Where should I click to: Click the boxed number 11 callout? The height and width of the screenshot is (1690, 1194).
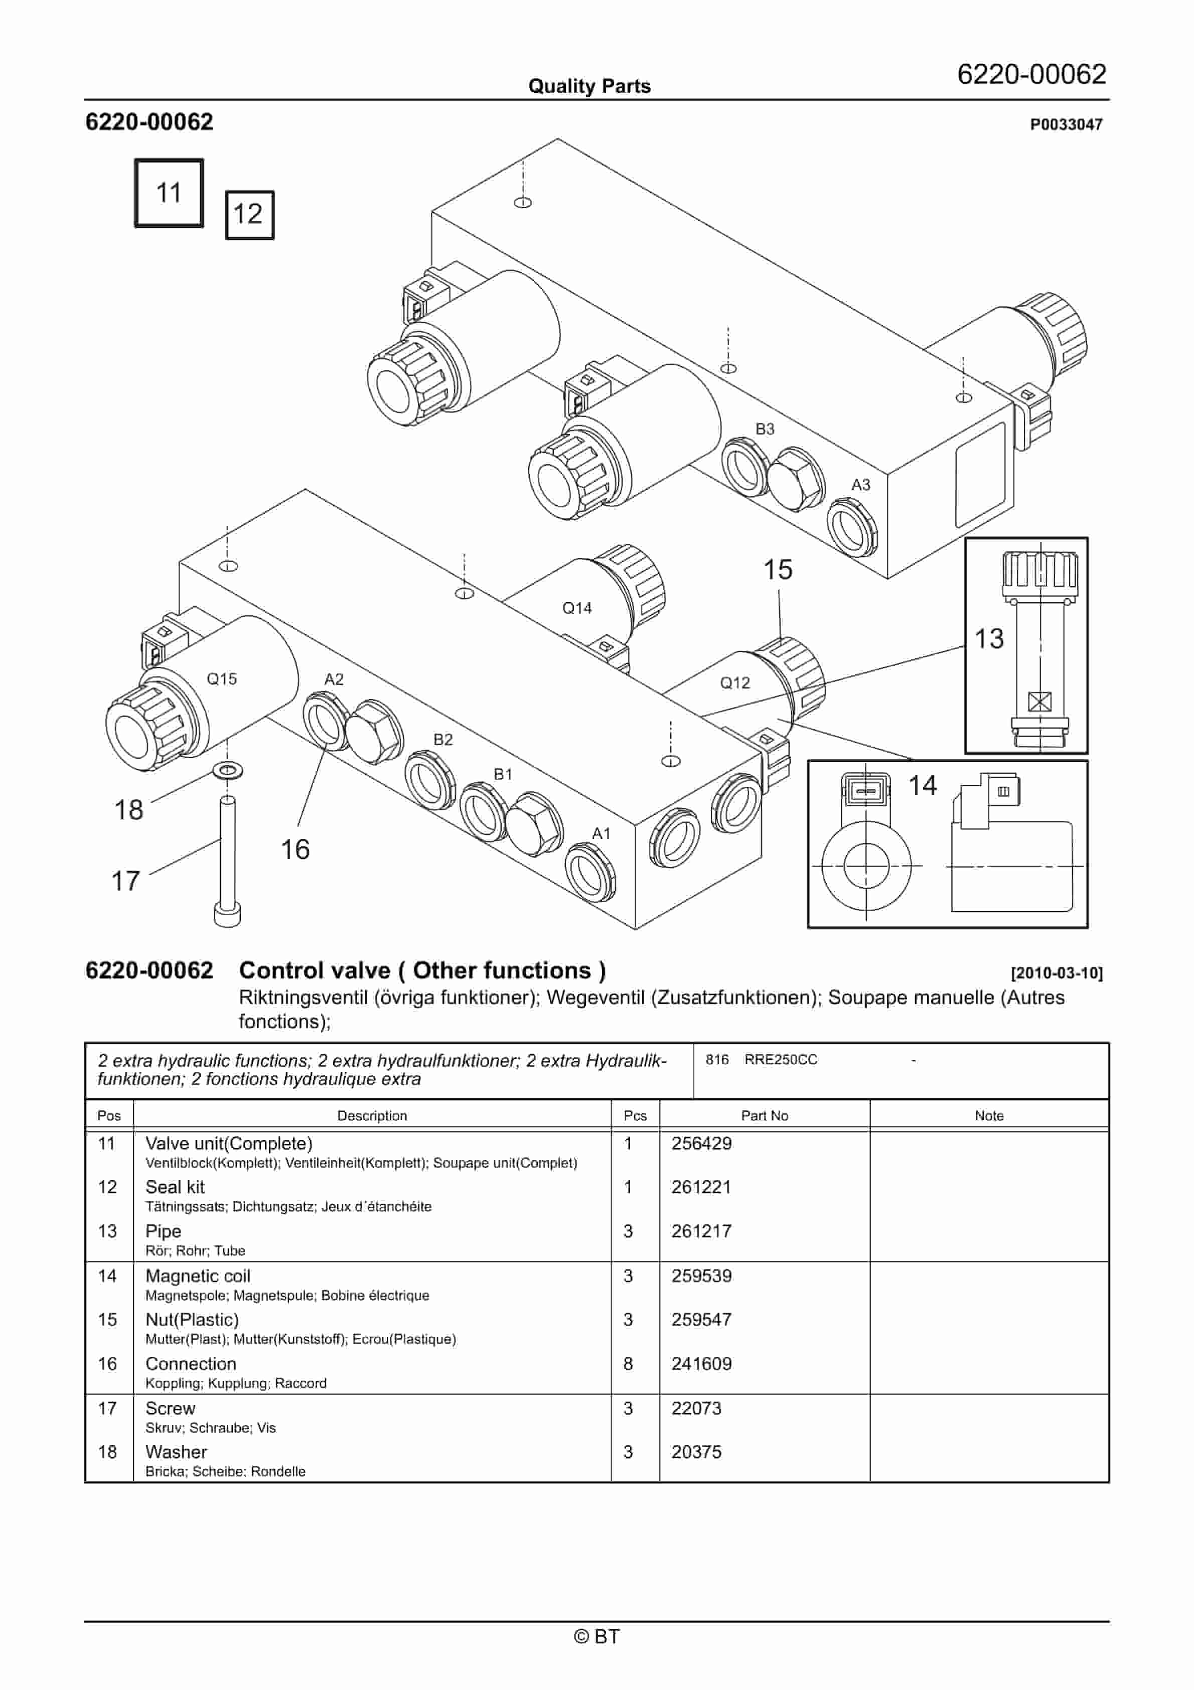click(169, 193)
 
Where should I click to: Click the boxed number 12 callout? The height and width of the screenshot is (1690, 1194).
click(249, 214)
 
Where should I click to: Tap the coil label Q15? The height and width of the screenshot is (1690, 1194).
click(222, 678)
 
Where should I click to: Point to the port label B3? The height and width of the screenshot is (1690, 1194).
click(765, 429)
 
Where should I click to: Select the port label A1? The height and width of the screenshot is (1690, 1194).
click(602, 833)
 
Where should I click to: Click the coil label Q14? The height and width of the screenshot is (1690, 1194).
click(576, 608)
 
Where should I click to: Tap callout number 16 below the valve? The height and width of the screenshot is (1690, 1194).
click(295, 850)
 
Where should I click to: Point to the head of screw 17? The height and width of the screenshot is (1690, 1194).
click(227, 915)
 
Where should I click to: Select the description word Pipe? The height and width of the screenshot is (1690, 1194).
click(163, 1231)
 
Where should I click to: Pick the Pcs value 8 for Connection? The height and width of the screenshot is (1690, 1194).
click(628, 1364)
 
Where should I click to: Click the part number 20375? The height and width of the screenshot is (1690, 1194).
click(696, 1452)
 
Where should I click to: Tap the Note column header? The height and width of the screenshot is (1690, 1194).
click(989, 1115)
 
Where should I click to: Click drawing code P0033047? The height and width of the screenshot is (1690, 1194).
click(1066, 124)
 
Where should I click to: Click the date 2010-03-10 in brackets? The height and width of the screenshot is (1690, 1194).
click(1057, 973)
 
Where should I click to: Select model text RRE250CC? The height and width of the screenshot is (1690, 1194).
click(780, 1059)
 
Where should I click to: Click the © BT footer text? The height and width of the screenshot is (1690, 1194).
click(597, 1636)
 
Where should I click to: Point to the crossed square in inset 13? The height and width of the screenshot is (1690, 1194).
click(1039, 701)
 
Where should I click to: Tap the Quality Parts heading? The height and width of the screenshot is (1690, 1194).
click(589, 86)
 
